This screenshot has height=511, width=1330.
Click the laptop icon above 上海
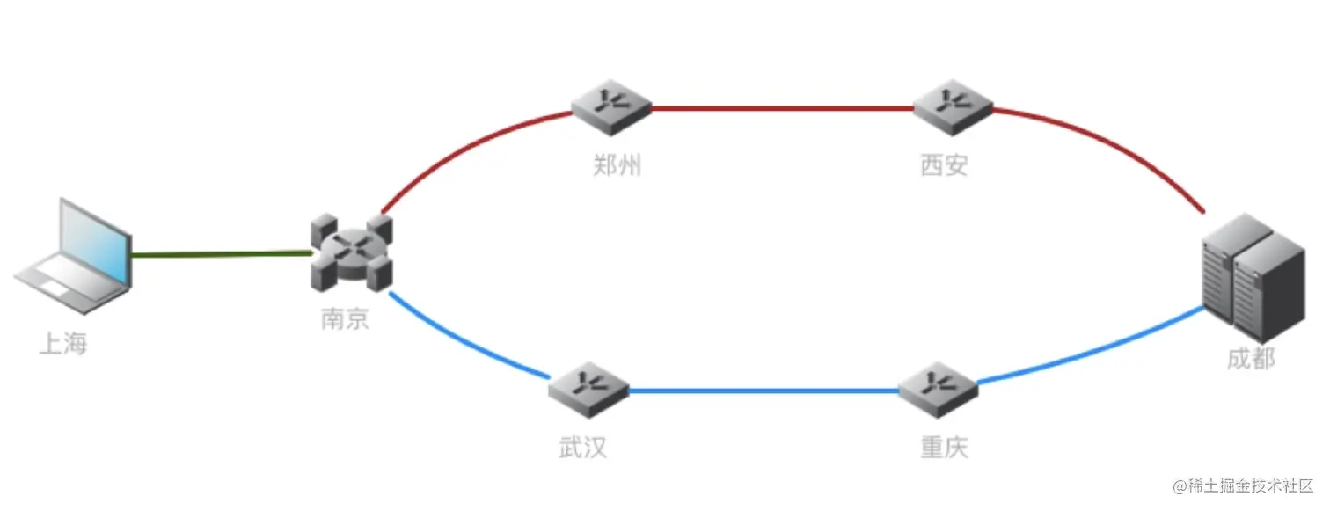(77, 255)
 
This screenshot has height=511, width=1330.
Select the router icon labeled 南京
(351, 252)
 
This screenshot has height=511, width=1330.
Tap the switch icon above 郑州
(610, 106)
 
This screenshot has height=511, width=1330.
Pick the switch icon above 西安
(953, 106)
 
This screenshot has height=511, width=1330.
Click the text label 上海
(63, 343)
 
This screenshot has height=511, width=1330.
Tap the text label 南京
(345, 318)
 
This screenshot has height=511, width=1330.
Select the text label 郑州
(617, 165)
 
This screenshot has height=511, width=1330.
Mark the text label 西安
(944, 165)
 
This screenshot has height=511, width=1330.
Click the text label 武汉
(582, 448)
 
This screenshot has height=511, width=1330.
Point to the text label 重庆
(944, 448)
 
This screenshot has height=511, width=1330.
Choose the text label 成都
(1250, 359)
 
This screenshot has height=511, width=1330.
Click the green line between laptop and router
(220, 255)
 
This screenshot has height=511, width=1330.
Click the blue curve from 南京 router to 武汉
(466, 347)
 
